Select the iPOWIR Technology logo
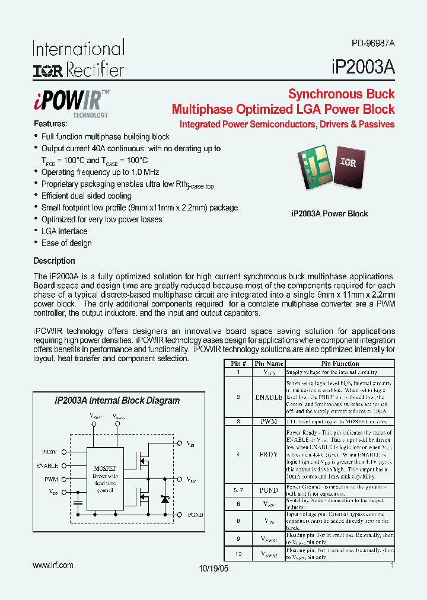tap(71, 103)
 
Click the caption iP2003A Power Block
tap(329, 213)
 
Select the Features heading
tap(50, 124)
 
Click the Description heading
tap(54, 261)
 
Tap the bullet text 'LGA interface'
tap(64, 231)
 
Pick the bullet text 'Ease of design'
tap(66, 243)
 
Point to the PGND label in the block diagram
tap(195, 515)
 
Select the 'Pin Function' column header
tap(340, 363)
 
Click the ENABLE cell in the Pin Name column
tap(269, 397)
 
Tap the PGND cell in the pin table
tap(269, 490)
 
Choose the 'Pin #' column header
tap(238, 363)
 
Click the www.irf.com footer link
tap(53, 565)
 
